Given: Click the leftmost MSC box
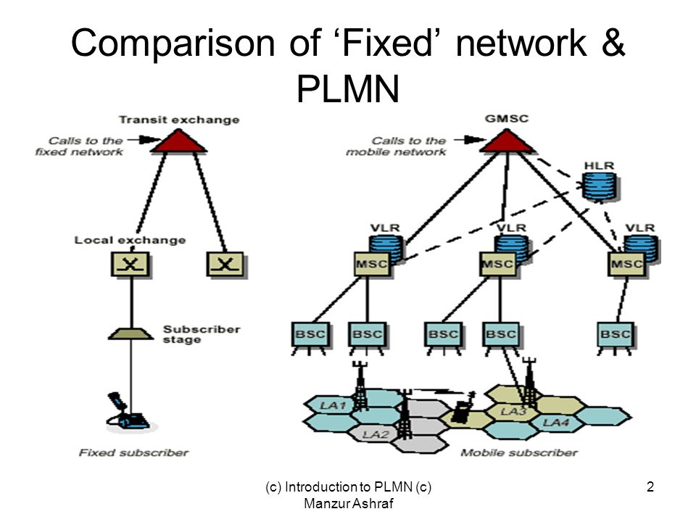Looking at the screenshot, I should click(372, 264).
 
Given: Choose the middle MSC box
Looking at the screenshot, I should click(499, 264).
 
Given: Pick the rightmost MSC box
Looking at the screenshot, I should click(626, 264).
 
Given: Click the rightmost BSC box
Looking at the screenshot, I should click(616, 335).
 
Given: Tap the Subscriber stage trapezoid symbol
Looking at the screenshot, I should click(130, 333).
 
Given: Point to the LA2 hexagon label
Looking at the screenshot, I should click(377, 434).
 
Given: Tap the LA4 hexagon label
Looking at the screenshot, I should click(556, 421).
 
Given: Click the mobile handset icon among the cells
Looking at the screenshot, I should click(461, 411).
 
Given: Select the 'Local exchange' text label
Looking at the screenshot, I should click(130, 240).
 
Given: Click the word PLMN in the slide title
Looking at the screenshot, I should click(348, 88).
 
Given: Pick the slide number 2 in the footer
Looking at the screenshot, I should click(650, 489).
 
